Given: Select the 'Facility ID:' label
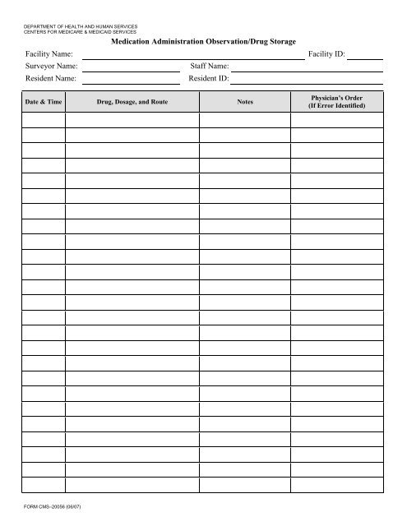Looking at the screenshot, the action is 327,54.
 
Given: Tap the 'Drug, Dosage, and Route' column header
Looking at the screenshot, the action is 132,102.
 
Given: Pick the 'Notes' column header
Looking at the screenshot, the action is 244,102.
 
